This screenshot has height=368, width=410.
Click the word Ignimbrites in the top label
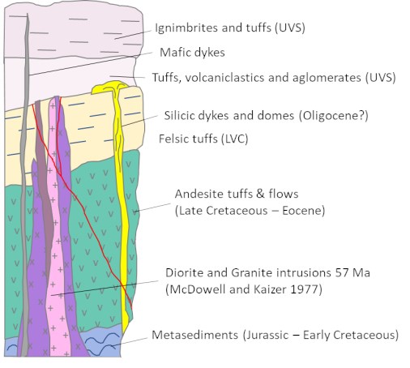tap(186, 28)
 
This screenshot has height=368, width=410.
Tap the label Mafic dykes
tap(192, 53)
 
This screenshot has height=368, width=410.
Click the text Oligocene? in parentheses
tap(334, 116)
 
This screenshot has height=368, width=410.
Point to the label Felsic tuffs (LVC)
tap(203, 139)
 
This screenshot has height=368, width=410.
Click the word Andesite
tap(197, 194)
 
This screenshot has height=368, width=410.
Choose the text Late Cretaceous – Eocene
tap(250, 211)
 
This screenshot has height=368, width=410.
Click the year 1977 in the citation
tap(305, 289)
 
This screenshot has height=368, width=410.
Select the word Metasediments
tap(194, 335)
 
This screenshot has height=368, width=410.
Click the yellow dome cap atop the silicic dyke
tap(110, 87)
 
